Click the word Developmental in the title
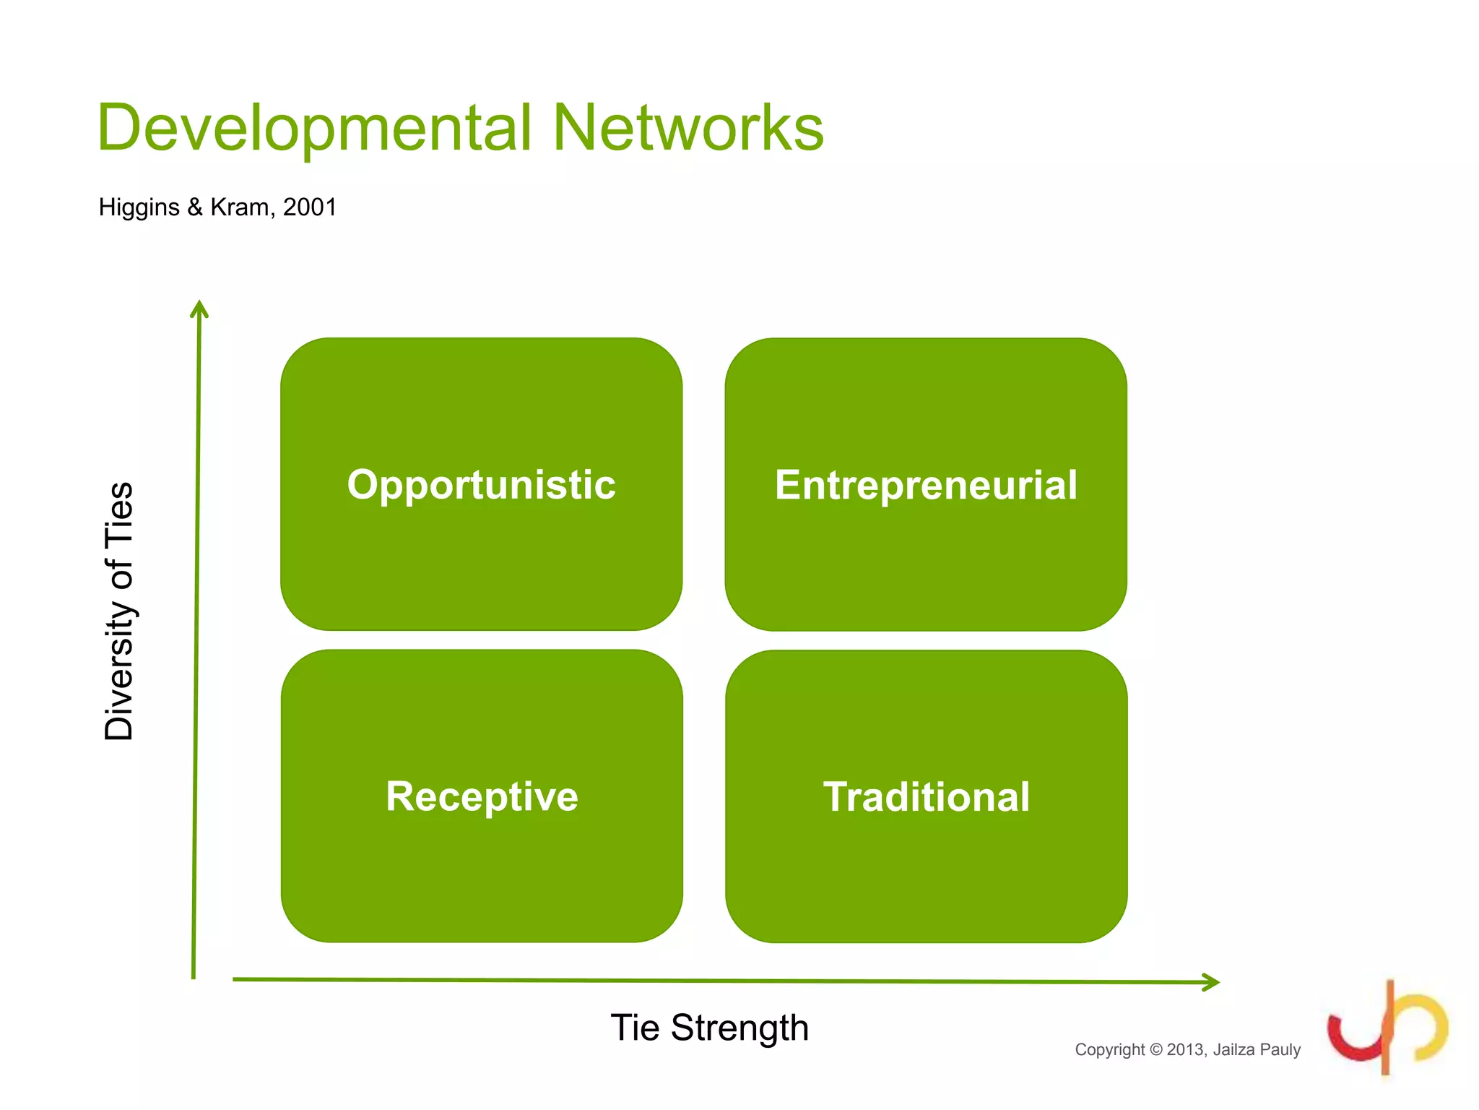(314, 129)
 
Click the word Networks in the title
(688, 129)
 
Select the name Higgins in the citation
(139, 207)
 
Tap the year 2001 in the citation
(310, 207)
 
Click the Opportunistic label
(481, 484)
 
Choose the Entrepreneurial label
(926, 484)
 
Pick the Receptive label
(482, 796)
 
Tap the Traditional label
(927, 796)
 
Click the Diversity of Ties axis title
(119, 611)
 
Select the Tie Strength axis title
(709, 1027)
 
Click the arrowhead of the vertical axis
(199, 309)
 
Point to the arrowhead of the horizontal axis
(1211, 982)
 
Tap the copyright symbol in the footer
(1155, 1049)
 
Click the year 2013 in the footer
(1185, 1049)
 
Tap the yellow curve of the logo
(1434, 1026)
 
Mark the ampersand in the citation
(195, 207)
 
